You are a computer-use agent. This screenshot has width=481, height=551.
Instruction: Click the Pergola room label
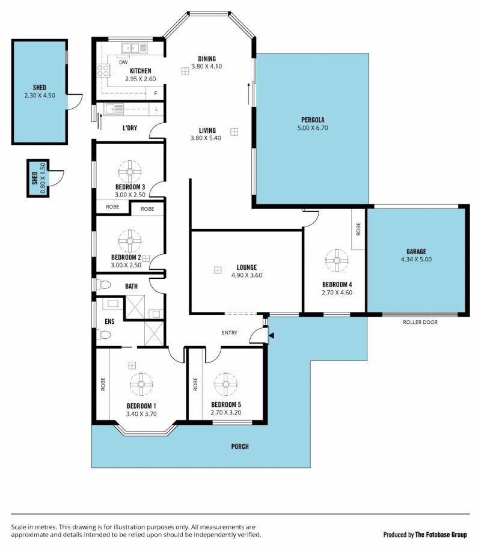pos(313,120)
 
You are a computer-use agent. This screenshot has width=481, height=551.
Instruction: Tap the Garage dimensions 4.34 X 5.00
pos(416,260)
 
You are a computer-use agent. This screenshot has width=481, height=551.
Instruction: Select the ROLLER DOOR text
pos(420,322)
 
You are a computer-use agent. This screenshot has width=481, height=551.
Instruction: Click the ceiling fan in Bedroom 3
pos(130,172)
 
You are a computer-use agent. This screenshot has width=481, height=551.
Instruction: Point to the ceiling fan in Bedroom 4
pos(337,260)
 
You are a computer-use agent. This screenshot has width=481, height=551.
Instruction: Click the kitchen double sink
pos(134,48)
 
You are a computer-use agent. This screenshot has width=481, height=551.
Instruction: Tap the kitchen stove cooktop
pos(103,71)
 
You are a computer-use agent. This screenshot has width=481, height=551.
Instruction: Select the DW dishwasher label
pos(123,62)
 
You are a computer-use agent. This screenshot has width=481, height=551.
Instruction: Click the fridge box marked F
pos(155,93)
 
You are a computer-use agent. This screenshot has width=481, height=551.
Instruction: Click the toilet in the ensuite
pos(103,335)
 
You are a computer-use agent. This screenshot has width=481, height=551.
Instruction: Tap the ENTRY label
pos(230,332)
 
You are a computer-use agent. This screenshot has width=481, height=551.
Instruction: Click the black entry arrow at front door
pos(271,336)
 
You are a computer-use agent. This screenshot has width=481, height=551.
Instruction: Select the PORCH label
pos(240,446)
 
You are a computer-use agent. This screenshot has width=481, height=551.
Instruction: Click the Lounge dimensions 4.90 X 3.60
pos(247,275)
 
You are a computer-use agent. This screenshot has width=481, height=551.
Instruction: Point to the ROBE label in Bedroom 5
pos(195,384)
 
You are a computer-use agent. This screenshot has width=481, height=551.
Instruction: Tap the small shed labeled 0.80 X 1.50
pos(38,178)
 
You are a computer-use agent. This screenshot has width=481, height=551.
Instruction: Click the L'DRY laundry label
pos(130,127)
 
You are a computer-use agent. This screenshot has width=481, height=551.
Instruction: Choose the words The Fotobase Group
pos(441,535)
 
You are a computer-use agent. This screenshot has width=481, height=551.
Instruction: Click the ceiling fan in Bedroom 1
pos(141,384)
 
